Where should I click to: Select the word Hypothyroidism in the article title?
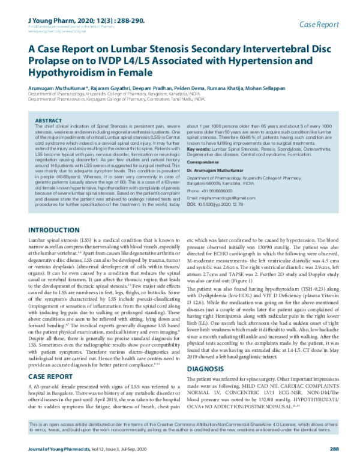pyautogui.click(x=68, y=73)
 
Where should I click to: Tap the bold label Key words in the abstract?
pyautogui.click(x=200, y=148)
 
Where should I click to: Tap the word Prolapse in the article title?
pyautogui.click(x=52, y=61)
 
